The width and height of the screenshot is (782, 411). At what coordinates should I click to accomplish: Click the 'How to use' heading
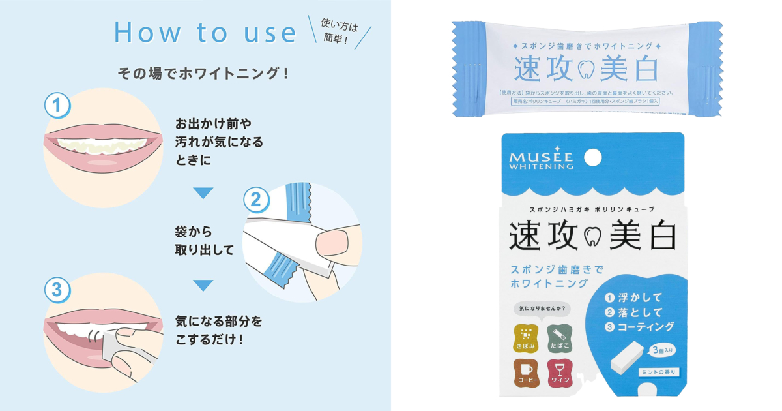click(205, 33)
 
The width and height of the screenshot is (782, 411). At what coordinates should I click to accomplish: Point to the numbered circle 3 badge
click(57, 290)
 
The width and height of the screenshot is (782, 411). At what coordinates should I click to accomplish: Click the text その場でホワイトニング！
click(203, 73)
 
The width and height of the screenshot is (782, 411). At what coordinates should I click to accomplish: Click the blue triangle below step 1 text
click(203, 193)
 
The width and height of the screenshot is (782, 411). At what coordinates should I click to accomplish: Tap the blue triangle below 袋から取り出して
click(203, 285)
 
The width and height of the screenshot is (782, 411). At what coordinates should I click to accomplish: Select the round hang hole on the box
click(592, 157)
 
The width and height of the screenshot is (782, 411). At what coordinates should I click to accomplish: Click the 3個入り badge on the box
click(662, 350)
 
